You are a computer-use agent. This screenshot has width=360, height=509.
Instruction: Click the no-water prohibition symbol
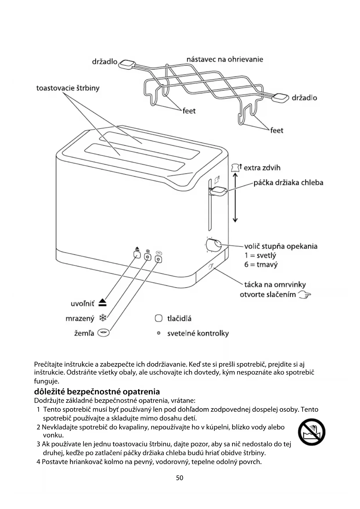pos(312,432)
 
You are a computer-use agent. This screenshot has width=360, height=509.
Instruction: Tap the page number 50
pos(180,478)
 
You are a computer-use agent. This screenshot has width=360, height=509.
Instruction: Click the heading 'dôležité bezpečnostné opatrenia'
pos(97,391)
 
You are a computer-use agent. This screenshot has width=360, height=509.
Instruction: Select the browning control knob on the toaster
pos(214,245)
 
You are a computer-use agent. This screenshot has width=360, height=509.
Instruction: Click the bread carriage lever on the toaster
pos(218,191)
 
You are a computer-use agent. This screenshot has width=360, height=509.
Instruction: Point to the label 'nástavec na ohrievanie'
pos(225,59)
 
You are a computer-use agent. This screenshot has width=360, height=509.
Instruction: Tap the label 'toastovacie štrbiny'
pos(68,88)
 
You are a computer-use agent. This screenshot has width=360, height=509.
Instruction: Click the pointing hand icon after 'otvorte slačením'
pos(304,295)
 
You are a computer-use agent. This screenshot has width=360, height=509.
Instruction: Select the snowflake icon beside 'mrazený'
pos(103,318)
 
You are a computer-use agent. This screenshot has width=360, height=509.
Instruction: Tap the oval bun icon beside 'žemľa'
pos(104,333)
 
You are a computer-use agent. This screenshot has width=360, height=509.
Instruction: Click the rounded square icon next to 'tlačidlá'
pos(158,318)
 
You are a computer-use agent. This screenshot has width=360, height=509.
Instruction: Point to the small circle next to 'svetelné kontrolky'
pos(159,333)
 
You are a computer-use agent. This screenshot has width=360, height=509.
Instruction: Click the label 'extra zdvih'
pos(262,168)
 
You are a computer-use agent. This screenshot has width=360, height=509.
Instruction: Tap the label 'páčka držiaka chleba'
pos(288,183)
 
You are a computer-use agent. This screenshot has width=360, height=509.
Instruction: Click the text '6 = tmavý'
pos(261,265)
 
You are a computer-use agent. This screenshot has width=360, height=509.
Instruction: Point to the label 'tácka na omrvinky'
pos(275,284)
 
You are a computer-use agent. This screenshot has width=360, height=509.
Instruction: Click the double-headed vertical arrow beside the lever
pos(235,197)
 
